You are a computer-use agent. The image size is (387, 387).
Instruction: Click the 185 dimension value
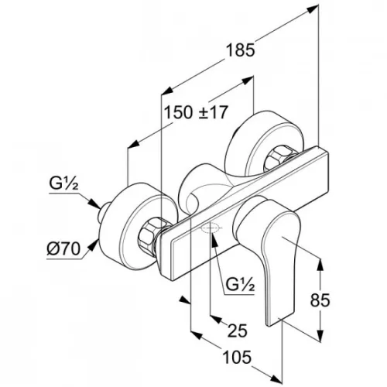240,50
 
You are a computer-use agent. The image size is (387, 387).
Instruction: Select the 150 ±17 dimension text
196,112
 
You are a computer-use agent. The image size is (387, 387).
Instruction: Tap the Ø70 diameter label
63,249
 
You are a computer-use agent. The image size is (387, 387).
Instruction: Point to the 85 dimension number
320,300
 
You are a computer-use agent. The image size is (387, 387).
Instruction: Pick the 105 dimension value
237,358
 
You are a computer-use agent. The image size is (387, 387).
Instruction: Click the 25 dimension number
238,330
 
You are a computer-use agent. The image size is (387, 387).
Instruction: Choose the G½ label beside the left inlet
63,184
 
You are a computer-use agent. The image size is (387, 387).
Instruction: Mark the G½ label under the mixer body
240,285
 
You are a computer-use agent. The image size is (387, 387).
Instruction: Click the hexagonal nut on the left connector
149,236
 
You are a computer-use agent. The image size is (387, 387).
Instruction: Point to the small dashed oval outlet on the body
211,228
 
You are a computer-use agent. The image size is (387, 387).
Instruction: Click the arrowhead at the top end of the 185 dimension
313,9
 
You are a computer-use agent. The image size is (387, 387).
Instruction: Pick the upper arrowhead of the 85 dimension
320,265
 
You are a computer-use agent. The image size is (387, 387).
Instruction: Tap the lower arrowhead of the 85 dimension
320,336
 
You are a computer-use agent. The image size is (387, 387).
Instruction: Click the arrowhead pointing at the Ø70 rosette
94,245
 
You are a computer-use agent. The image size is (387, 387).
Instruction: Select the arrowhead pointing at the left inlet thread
94,204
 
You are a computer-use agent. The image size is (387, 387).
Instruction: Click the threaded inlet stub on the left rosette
104,212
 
